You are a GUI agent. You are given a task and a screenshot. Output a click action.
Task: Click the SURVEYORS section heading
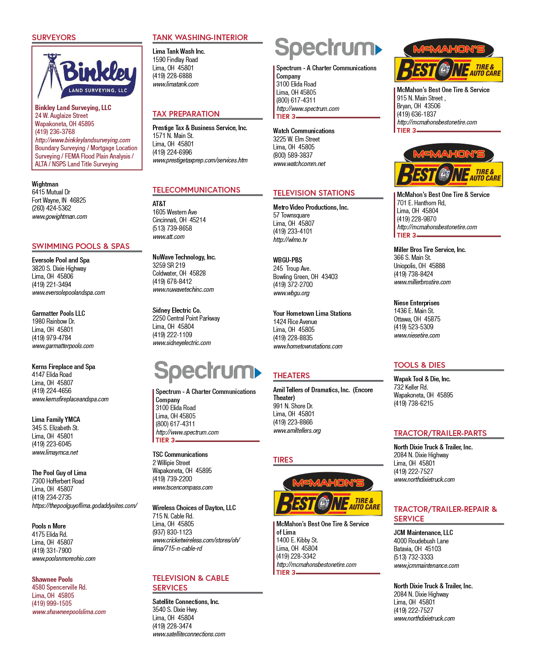54,38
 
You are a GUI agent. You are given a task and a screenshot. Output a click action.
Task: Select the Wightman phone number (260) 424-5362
52,208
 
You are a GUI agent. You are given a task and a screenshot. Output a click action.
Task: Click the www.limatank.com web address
175,84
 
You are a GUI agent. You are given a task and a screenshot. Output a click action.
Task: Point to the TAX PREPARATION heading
186,114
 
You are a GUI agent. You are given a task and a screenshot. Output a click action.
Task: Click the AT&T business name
159,204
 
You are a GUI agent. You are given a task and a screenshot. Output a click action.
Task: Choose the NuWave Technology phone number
172,281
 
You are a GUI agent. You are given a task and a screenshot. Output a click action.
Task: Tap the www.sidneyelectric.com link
182,342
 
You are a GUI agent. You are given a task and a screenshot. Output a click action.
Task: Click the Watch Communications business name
304,131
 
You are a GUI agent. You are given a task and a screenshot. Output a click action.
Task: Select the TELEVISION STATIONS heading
314,193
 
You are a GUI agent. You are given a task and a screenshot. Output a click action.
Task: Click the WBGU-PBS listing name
288,260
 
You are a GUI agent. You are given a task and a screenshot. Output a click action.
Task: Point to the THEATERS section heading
292,376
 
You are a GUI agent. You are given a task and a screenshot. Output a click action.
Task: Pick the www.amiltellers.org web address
297,430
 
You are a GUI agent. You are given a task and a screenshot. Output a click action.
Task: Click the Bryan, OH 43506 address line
418,106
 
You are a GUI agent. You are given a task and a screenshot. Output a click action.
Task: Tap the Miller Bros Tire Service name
430,249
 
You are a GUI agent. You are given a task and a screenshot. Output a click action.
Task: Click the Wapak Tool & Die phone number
413,403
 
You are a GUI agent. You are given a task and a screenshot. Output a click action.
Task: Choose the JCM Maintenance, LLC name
423,532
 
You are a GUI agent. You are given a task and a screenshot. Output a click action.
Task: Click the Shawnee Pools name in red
52,579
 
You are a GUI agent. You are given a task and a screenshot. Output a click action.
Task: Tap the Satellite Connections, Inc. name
186,601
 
